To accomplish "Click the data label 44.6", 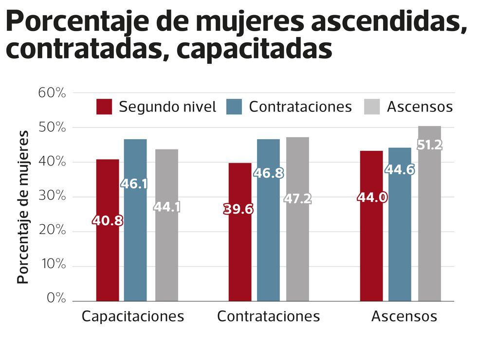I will (400, 169).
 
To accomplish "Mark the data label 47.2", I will (297, 199).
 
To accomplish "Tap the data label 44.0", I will (372, 198).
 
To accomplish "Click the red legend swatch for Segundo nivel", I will (104, 107).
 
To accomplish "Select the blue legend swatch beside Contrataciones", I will (235, 107).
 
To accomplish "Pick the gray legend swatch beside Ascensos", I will (372, 107).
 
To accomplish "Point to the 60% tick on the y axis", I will (52, 92).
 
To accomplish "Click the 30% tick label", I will (52, 196).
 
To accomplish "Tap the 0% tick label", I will (56, 298).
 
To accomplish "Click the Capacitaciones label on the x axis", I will (132, 317).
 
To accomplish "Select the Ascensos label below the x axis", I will (404, 317).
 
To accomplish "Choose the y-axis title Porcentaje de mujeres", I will (23, 207).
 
